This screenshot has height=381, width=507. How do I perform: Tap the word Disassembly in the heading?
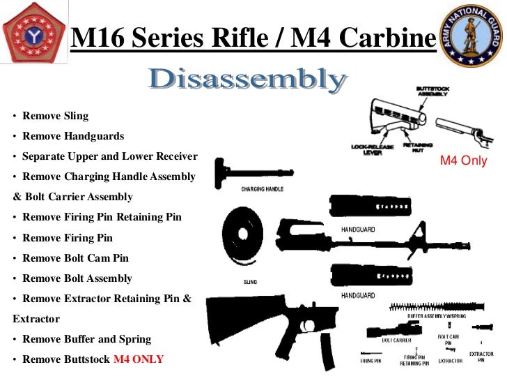pyautogui.click(x=247, y=82)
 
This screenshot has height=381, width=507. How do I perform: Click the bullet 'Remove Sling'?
pyautogui.click(x=55, y=116)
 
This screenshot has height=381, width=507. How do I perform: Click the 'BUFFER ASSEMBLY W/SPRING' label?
pyautogui.click(x=437, y=315)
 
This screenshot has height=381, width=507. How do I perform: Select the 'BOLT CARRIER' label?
pyautogui.click(x=396, y=340)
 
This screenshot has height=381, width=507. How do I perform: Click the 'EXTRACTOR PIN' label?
pyautogui.click(x=481, y=357)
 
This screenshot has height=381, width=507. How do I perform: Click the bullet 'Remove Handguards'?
pyautogui.click(x=73, y=136)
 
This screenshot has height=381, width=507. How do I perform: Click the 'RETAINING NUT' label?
pyautogui.click(x=419, y=148)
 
